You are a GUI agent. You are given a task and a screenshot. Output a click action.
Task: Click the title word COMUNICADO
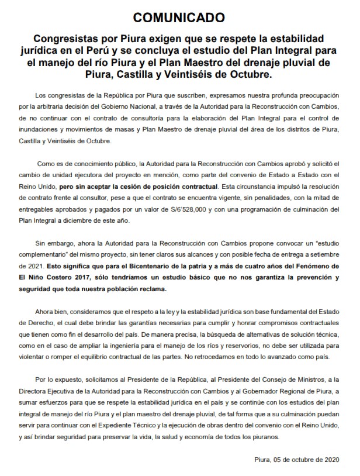pyautogui.click(x=180, y=16)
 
